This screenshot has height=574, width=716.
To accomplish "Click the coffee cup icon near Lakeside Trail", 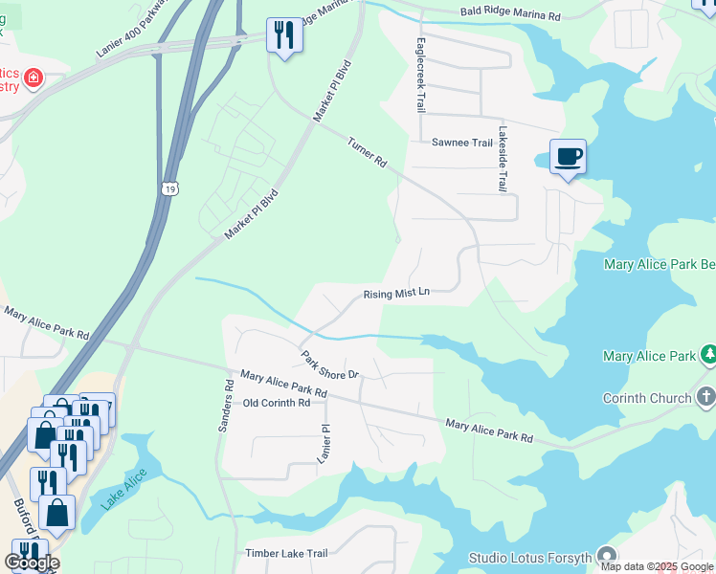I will coord(568,156).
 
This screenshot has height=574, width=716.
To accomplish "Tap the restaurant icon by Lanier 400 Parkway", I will coord(284,36).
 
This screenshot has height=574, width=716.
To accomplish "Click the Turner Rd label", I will coord(367,151).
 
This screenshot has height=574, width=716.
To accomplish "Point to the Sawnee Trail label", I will coord(461,143).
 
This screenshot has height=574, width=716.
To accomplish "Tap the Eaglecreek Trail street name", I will coord(418,75).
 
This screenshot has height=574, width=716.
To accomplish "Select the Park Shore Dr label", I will coord(329,364).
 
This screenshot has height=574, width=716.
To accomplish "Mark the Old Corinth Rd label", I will coord(277,403).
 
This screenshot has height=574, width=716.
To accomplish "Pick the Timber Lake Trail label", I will coord(286,553).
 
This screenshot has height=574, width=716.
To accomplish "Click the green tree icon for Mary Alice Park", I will coord(707,356).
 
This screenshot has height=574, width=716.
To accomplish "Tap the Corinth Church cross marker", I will coord(706,397).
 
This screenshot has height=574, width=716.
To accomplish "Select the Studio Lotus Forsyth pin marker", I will coord(607,555).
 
